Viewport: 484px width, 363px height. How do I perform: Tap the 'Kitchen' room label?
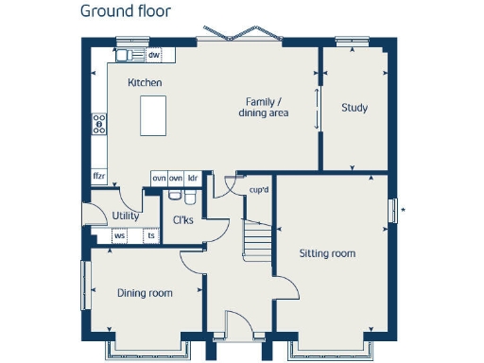coord(145,83)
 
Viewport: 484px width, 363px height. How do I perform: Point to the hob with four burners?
coord(98,124)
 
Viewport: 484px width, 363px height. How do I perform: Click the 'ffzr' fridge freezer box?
coord(98,176)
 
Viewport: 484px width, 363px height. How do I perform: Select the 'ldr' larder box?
coord(192,178)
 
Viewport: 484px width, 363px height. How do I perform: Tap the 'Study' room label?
coord(354,108)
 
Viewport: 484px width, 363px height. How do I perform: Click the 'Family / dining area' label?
coord(267,107)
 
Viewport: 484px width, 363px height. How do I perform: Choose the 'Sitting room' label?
coord(327,253)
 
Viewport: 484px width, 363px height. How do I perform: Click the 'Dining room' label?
coord(145,293)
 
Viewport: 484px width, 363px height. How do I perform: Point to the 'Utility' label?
coord(125,216)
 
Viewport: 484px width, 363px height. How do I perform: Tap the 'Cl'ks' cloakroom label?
coord(183,221)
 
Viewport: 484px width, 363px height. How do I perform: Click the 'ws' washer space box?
coord(119,235)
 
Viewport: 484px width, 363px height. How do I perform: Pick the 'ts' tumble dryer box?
coord(150,235)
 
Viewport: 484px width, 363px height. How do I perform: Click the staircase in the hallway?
coord(256,240)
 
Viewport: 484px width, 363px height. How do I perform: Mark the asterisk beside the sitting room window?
coord(403,208)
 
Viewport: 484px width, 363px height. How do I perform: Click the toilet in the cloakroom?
coord(189,198)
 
